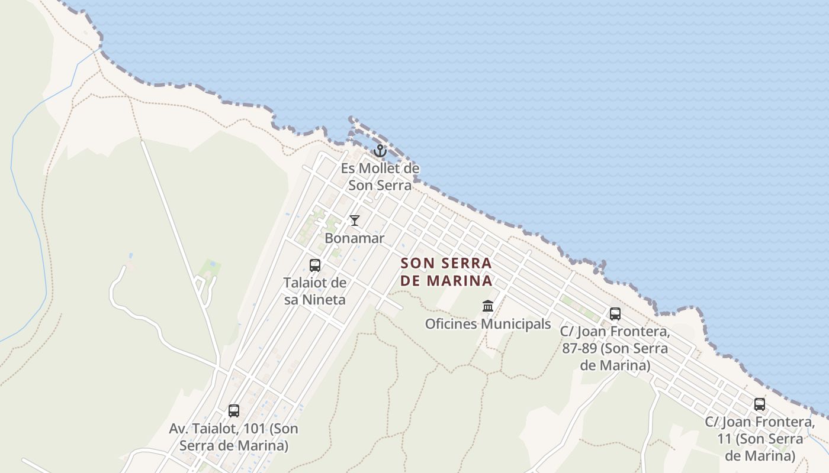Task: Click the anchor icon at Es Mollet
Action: pyautogui.click(x=380, y=151)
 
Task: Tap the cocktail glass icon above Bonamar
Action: pyautogui.click(x=355, y=221)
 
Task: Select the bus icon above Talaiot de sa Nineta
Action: pyautogui.click(x=315, y=265)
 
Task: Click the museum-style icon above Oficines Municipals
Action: pyautogui.click(x=488, y=306)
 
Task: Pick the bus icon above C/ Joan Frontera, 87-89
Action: pyautogui.click(x=615, y=314)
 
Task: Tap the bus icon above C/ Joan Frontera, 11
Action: pyautogui.click(x=760, y=404)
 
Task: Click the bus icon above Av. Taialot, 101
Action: pyautogui.click(x=234, y=410)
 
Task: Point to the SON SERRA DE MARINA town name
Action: pyautogui.click(x=446, y=271)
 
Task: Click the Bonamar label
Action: pyautogui.click(x=355, y=238)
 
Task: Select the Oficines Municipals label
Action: pyautogui.click(x=488, y=324)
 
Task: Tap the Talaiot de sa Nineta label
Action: pyautogui.click(x=315, y=291)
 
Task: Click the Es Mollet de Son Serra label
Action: pyautogui.click(x=380, y=177)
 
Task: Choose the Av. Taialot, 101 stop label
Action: pyautogui.click(x=234, y=436)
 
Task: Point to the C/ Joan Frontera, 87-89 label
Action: pyautogui.click(x=615, y=348)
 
